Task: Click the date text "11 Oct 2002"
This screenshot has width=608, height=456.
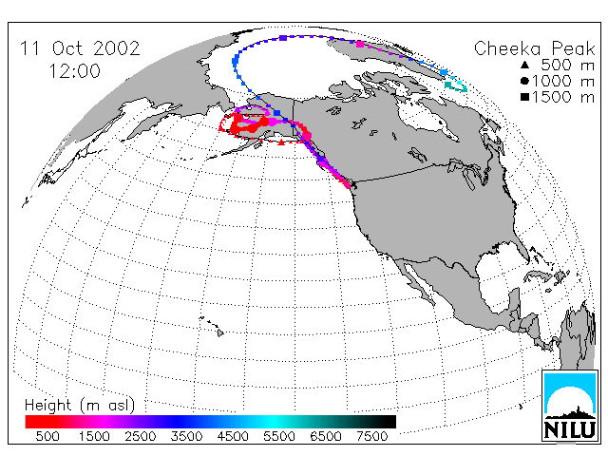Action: pyautogui.click(x=80, y=48)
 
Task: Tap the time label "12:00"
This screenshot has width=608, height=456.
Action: pyautogui.click(x=74, y=71)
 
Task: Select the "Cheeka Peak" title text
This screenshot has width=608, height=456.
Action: pyautogui.click(x=534, y=48)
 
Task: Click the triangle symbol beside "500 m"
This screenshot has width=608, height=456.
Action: pyautogui.click(x=524, y=65)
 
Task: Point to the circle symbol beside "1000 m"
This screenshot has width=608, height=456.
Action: pyautogui.click(x=524, y=81)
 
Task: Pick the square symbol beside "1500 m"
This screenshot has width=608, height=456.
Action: pyautogui.click(x=524, y=97)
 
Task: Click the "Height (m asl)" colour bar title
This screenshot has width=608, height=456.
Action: pyautogui.click(x=80, y=406)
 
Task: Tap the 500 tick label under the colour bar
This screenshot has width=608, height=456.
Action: pyautogui.click(x=47, y=436)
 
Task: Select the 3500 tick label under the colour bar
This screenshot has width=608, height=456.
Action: pyautogui.click(x=186, y=436)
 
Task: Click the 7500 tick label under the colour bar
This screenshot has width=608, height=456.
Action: pyautogui.click(x=371, y=436)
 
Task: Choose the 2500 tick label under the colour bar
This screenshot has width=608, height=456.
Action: pyautogui.click(x=141, y=436)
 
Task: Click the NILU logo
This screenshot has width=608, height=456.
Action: pyautogui.click(x=570, y=406)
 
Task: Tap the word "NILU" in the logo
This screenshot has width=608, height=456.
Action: pyautogui.click(x=570, y=429)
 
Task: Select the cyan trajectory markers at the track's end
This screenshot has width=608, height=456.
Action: pyautogui.click(x=456, y=86)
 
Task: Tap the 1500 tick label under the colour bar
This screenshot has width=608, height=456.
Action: pyautogui.click(x=94, y=436)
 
